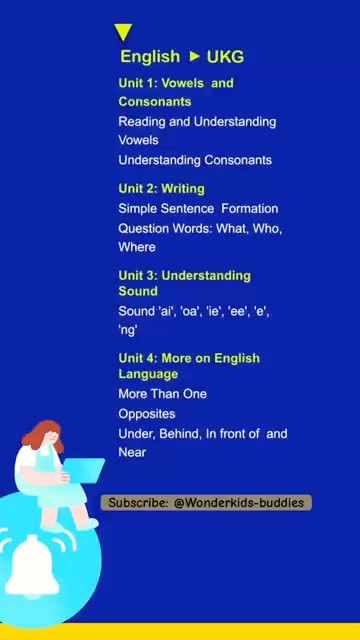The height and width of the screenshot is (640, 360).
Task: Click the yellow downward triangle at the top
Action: (123, 34)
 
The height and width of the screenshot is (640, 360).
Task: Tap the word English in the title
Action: (150, 57)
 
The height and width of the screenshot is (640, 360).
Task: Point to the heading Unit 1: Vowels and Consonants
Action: (175, 92)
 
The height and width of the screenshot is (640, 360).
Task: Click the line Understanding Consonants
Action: (195, 160)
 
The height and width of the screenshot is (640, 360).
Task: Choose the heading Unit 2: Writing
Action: (161, 188)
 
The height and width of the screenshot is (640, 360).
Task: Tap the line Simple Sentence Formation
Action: (198, 208)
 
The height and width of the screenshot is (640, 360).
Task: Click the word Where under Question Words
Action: (137, 247)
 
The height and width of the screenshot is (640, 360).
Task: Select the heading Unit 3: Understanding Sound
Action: (184, 283)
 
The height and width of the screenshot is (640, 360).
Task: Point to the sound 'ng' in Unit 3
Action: (128, 330)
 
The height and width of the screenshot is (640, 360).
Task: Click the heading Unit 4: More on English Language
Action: (188, 366)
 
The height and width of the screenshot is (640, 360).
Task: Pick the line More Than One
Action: (162, 394)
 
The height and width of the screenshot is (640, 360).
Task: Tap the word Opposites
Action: (146, 414)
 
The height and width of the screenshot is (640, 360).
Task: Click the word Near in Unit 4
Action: (132, 452)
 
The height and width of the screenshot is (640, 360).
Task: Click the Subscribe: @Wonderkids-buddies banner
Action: (207, 502)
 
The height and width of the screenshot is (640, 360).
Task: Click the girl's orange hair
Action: (40, 438)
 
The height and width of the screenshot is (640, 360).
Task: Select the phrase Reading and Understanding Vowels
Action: (197, 131)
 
